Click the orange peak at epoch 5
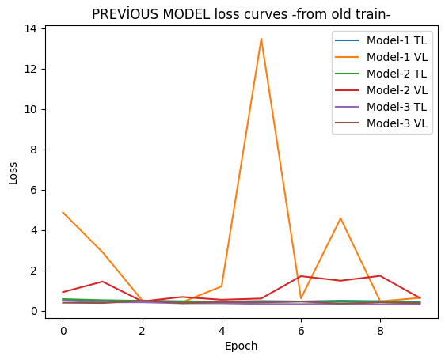click(x=261, y=39)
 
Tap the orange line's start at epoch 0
click(x=63, y=212)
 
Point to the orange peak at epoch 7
click(x=340, y=218)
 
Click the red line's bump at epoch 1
click(x=102, y=282)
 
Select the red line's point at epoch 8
click(x=380, y=276)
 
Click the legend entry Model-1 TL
click(x=381, y=40)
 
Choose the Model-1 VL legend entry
click(x=381, y=57)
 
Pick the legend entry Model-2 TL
click(x=381, y=74)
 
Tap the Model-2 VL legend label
click(x=397, y=90)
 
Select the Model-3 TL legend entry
click(x=381, y=107)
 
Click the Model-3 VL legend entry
click(x=381, y=123)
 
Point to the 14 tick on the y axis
click(x=30, y=28)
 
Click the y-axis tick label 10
click(x=30, y=109)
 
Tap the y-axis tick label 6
click(x=34, y=190)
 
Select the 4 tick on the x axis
click(x=222, y=331)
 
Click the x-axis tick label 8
click(x=380, y=331)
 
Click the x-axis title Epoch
click(x=242, y=347)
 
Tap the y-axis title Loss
click(x=13, y=173)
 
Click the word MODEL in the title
click(x=186, y=14)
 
